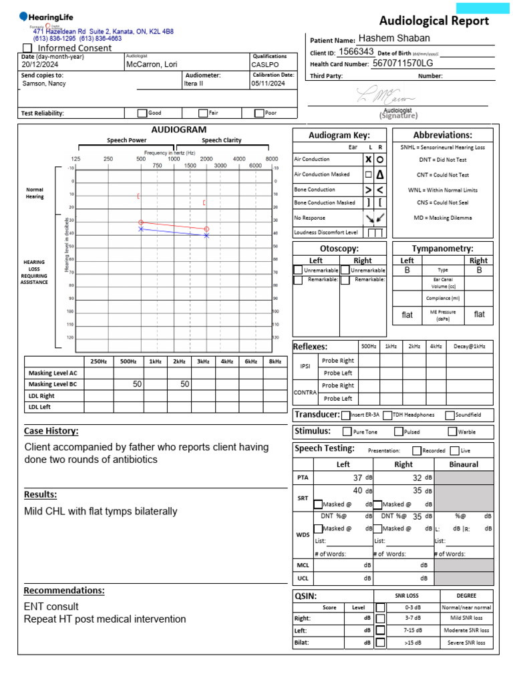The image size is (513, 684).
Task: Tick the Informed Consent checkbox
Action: pyautogui.click(x=27, y=48)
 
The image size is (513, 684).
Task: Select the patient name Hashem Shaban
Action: pyautogui.click(x=394, y=38)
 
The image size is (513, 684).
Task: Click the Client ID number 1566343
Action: pyautogui.click(x=357, y=51)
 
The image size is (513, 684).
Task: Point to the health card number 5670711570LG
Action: pyautogui.click(x=403, y=63)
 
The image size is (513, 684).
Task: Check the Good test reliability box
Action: pyautogui.click(x=142, y=113)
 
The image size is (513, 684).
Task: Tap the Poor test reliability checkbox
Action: pyautogui.click(x=259, y=113)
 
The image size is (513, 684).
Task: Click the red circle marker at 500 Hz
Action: pyautogui.click(x=141, y=222)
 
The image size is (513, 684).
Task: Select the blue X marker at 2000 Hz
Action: pyautogui.click(x=206, y=236)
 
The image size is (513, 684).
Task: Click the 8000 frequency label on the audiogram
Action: pyautogui.click(x=272, y=158)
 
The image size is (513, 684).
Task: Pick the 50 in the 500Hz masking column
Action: pyautogui.click(x=138, y=384)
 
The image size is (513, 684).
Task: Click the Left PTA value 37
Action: pyautogui.click(x=357, y=478)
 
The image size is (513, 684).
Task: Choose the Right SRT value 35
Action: pyautogui.click(x=417, y=490)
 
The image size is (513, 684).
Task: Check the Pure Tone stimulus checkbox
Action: pyautogui.click(x=347, y=432)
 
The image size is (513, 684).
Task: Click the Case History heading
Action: pyautogui.click(x=51, y=431)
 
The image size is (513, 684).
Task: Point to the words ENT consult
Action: pyautogui.click(x=51, y=607)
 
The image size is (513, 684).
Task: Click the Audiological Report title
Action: pyautogui.click(x=434, y=21)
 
